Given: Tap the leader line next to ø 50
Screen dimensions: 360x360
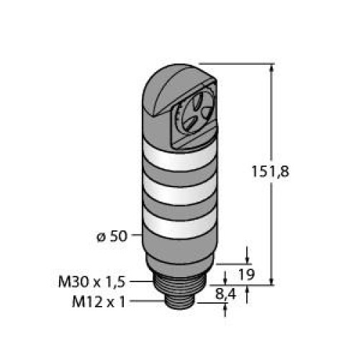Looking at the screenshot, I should (x=135, y=237).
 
